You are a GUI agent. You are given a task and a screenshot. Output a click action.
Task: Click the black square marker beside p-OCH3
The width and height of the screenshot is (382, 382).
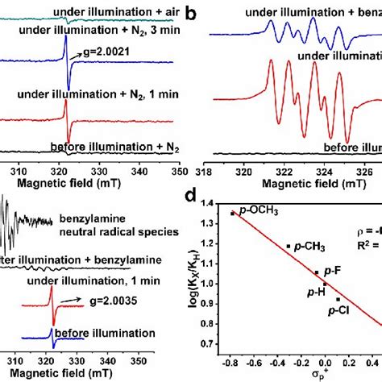[233, 213]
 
